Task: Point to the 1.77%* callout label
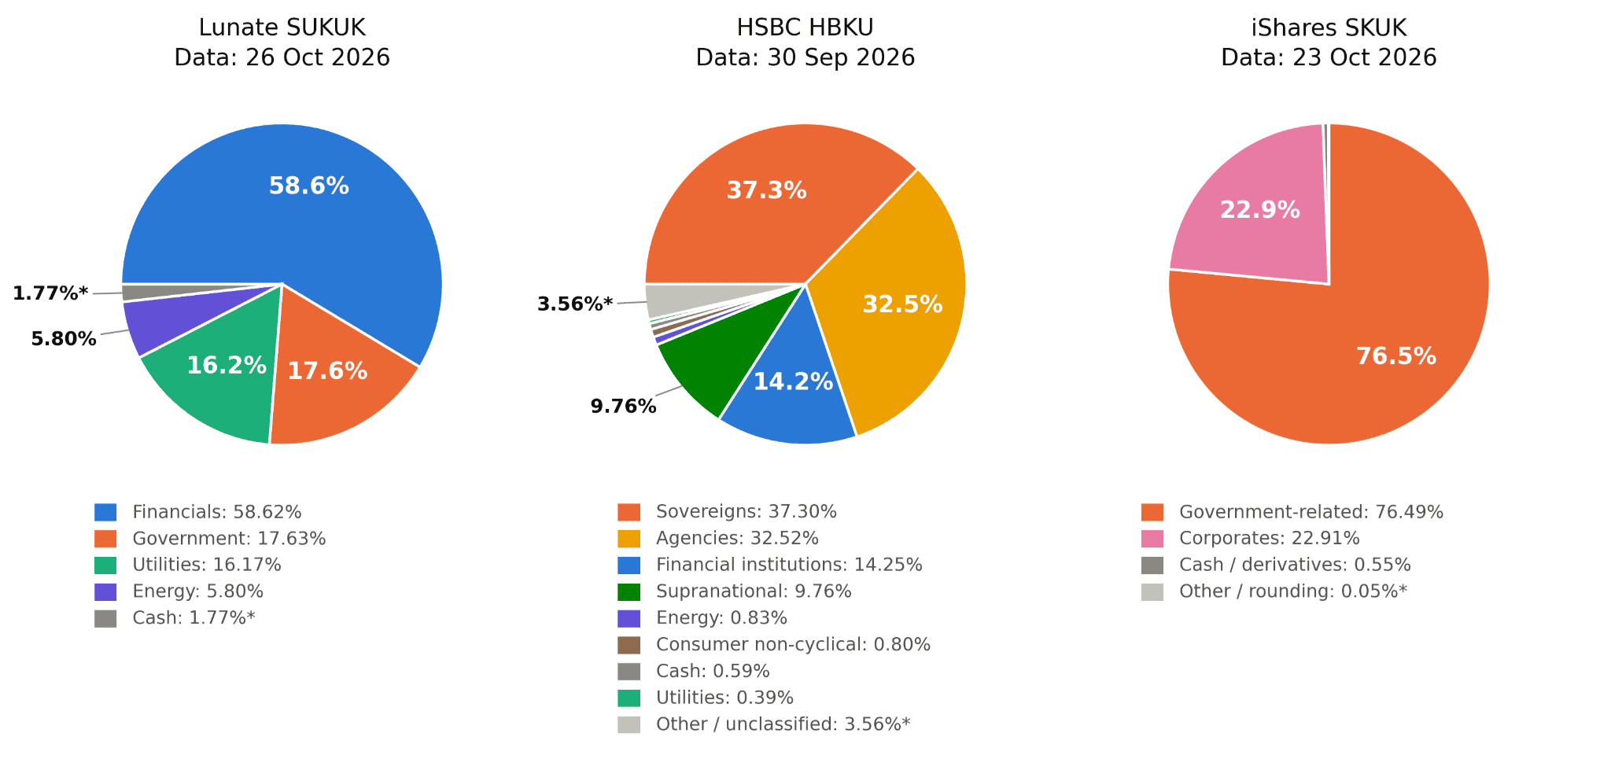point(50,293)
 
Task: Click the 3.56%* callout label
point(575,304)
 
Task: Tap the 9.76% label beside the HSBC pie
point(624,407)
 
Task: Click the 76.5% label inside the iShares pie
point(1396,356)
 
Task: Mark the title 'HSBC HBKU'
point(805,28)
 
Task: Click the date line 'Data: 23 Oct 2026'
point(1329,57)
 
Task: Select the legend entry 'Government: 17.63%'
point(229,539)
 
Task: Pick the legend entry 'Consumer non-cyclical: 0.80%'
point(793,645)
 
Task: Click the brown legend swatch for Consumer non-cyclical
point(629,645)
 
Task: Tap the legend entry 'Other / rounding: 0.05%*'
point(1293,591)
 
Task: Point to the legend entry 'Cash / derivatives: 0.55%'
point(1295,565)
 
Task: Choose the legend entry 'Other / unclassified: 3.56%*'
point(783,724)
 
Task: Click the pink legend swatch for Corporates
point(1152,539)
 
